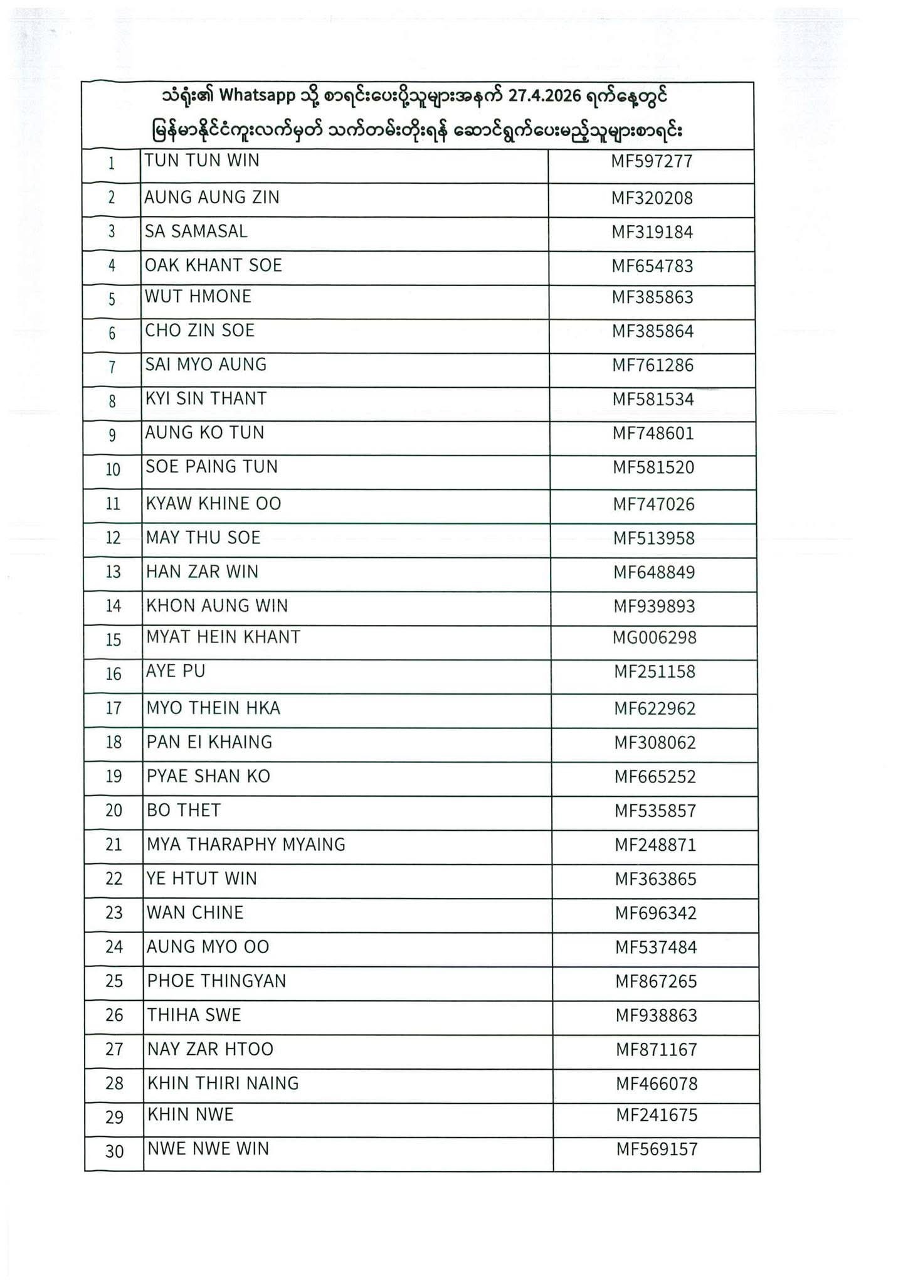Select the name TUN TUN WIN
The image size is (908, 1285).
[202, 161]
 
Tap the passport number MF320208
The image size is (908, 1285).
[652, 198]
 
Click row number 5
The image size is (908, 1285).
[112, 299]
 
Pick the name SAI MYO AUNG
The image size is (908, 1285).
[206, 365]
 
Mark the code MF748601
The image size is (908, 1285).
[653, 434]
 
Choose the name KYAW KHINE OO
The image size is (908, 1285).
[214, 504]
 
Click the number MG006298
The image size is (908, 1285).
[655, 637]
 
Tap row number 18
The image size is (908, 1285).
[113, 742]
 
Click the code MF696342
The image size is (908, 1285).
[655, 913]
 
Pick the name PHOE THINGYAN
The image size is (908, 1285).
[216, 981]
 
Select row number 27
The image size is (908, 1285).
[114, 1049]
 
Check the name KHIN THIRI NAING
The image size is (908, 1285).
[223, 1083]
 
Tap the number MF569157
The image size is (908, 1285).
[657, 1149]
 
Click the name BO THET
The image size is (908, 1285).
[184, 811]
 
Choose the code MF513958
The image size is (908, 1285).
[653, 538]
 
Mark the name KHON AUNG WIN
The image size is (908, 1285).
[217, 606]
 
